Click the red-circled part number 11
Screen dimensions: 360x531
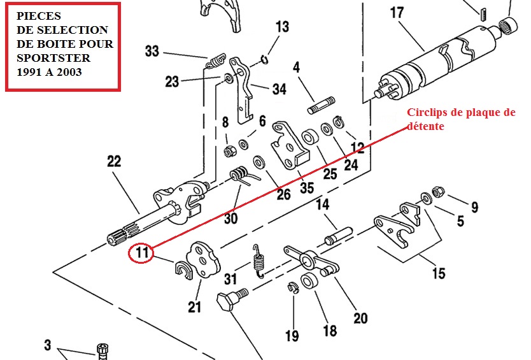(x=142, y=253)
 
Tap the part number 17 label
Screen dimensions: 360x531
(x=397, y=13)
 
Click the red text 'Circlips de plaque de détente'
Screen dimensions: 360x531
(x=461, y=119)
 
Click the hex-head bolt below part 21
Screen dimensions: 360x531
(x=231, y=303)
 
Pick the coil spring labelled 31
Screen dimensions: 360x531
(x=258, y=261)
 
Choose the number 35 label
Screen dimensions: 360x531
(x=307, y=188)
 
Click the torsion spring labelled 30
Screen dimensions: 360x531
(x=241, y=175)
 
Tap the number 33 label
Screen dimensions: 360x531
(x=152, y=51)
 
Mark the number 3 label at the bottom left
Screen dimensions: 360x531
(x=47, y=345)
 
